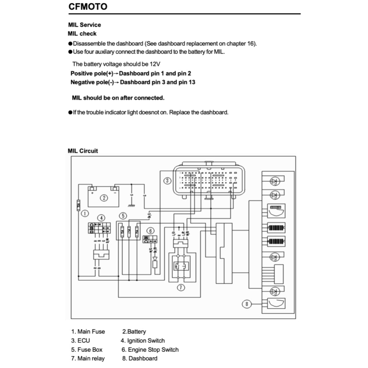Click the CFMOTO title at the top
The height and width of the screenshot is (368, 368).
tap(88, 6)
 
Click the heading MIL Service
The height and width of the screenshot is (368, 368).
tap(84, 25)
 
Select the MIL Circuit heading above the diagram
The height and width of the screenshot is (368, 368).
tap(83, 151)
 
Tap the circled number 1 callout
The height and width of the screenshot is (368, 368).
tap(85, 213)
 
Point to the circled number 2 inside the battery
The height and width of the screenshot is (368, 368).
tap(103, 197)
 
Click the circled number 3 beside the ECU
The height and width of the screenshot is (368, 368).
tap(167, 180)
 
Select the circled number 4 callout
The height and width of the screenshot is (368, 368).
tap(102, 218)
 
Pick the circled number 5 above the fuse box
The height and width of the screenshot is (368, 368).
tap(123, 216)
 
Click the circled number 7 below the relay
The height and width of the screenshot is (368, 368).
tap(181, 287)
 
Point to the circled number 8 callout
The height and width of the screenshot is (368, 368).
tap(247, 304)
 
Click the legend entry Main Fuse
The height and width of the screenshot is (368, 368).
tap(88, 331)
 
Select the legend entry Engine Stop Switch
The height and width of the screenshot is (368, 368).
tap(150, 349)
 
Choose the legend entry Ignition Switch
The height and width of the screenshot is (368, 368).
tap(143, 340)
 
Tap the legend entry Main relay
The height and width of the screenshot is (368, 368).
tap(88, 358)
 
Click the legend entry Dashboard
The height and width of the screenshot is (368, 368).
tap(140, 358)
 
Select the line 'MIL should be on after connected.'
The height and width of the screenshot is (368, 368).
tap(118, 98)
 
